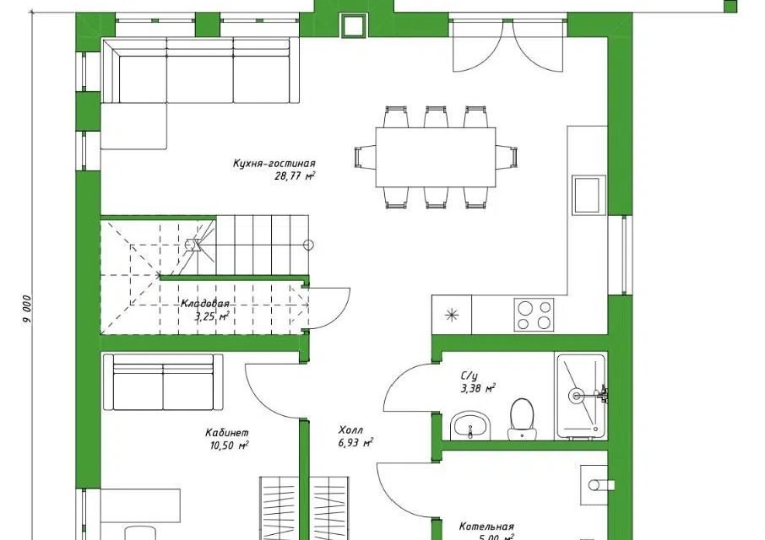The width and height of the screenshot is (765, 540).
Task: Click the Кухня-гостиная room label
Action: point(274,164)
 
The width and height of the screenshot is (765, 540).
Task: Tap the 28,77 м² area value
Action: point(295,176)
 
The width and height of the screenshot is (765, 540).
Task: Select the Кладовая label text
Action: point(205,304)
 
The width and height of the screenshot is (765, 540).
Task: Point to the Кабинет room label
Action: point(227,432)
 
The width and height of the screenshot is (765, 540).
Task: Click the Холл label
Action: point(350,429)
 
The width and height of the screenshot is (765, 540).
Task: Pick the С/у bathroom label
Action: point(469,375)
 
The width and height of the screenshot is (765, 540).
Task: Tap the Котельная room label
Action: point(486,526)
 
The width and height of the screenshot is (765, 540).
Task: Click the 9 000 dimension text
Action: point(27,309)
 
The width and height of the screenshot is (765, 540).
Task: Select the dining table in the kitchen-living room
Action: point(436,157)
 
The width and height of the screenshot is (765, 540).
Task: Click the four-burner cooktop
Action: point(534,315)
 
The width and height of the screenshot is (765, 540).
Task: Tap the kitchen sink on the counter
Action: point(589,195)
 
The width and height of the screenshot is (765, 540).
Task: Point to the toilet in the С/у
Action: point(522,419)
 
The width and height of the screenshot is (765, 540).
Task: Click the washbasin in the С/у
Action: point(470,425)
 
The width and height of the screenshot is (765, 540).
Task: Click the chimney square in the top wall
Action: point(353,26)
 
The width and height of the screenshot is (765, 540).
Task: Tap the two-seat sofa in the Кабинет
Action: point(163,382)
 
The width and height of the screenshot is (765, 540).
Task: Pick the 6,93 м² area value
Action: point(355,442)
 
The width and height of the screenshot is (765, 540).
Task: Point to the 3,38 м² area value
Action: point(478,388)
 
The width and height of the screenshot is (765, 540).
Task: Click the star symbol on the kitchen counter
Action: point(453,315)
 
